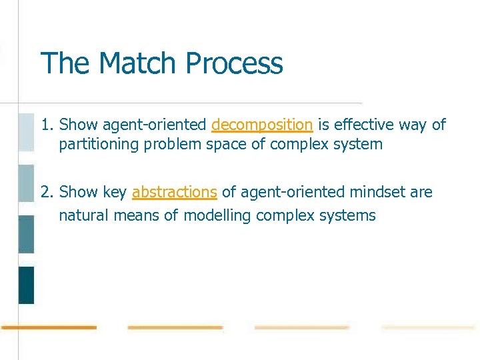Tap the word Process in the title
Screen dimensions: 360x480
pos(234,63)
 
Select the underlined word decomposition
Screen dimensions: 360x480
pos(262,125)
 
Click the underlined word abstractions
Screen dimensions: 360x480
pos(174,192)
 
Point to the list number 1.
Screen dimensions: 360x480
pos(46,125)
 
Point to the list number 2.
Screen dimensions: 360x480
pos(46,192)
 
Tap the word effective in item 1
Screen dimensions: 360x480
pos(361,125)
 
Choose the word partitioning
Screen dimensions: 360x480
pos(97,144)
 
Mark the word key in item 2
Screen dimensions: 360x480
pos(115,192)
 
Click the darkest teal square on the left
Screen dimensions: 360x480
pos(26,285)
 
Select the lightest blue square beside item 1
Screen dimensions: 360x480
pos(26,132)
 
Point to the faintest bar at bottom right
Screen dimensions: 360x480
pos(429,327)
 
